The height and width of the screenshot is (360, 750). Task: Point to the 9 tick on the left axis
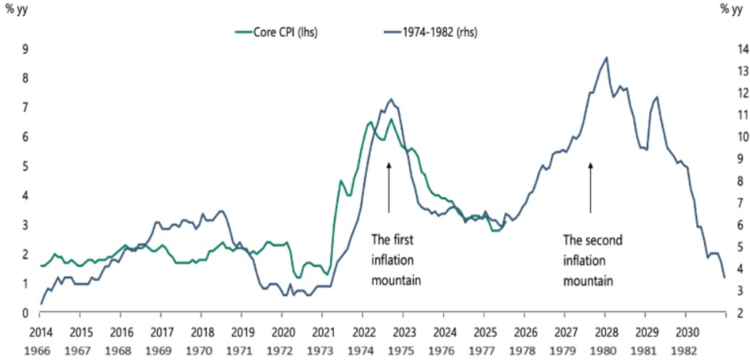point(25,48)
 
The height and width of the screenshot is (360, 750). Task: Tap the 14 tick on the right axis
point(727,48)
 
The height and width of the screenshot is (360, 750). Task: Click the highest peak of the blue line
point(607,57)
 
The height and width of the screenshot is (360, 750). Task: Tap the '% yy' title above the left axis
point(17,9)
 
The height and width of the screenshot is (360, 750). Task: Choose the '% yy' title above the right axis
point(731,9)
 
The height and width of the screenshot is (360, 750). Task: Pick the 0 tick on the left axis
point(25,313)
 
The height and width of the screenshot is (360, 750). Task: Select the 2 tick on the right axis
point(727,313)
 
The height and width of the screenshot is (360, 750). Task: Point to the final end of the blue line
point(724,278)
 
